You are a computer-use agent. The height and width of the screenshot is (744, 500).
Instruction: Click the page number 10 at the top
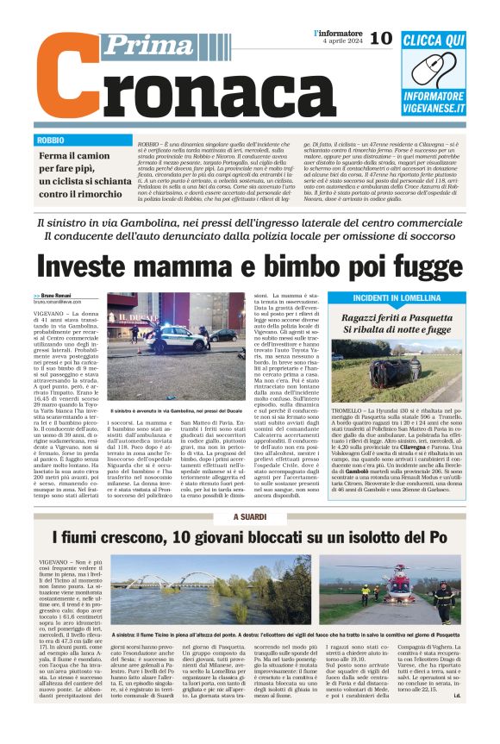[x=381, y=38]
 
